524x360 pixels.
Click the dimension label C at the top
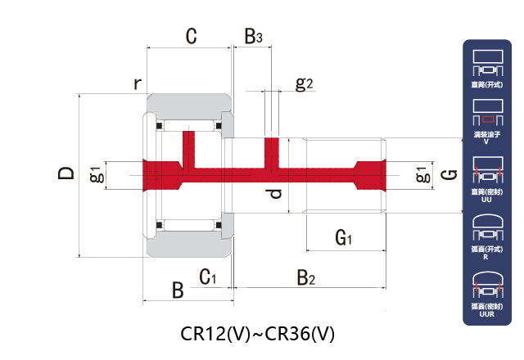[191, 36]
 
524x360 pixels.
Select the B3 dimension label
[253, 37]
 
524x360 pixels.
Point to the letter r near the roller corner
[138, 83]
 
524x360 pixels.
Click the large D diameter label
[67, 173]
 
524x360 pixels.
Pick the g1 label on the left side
[96, 174]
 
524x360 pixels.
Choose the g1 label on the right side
[421, 174]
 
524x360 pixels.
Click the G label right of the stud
[448, 174]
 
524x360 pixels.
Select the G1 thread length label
[344, 238]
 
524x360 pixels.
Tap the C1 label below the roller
[208, 277]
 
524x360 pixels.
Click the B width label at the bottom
[177, 290]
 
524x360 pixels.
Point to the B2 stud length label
[305, 278]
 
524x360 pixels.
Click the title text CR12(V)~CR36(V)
[258, 334]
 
